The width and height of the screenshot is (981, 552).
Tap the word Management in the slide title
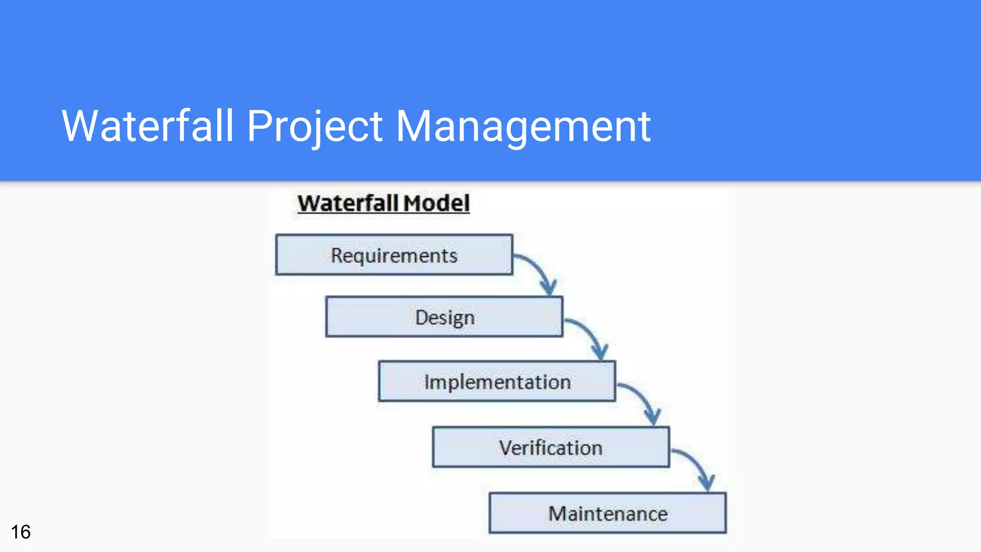coord(523,126)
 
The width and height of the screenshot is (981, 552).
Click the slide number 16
coord(21,532)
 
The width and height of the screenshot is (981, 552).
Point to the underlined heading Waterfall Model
coord(383,203)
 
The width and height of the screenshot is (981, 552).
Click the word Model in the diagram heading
coord(436,203)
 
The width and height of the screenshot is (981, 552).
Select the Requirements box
coord(394,255)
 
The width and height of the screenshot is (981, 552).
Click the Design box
coord(444,317)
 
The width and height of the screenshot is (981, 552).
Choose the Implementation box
coord(497,382)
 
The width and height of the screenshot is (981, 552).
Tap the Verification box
coord(550,448)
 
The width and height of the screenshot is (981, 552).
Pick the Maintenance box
coord(607,513)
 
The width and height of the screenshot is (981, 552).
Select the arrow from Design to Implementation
coord(588,332)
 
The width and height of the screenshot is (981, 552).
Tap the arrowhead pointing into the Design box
coord(549,287)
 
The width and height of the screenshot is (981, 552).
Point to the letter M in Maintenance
coord(557,514)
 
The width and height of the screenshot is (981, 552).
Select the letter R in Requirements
coord(337,255)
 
